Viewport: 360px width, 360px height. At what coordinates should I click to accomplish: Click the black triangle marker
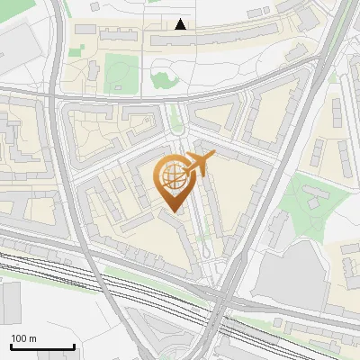point(181,24)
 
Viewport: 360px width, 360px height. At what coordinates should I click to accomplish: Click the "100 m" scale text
point(23,337)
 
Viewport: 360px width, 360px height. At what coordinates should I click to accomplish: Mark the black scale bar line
point(42,346)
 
